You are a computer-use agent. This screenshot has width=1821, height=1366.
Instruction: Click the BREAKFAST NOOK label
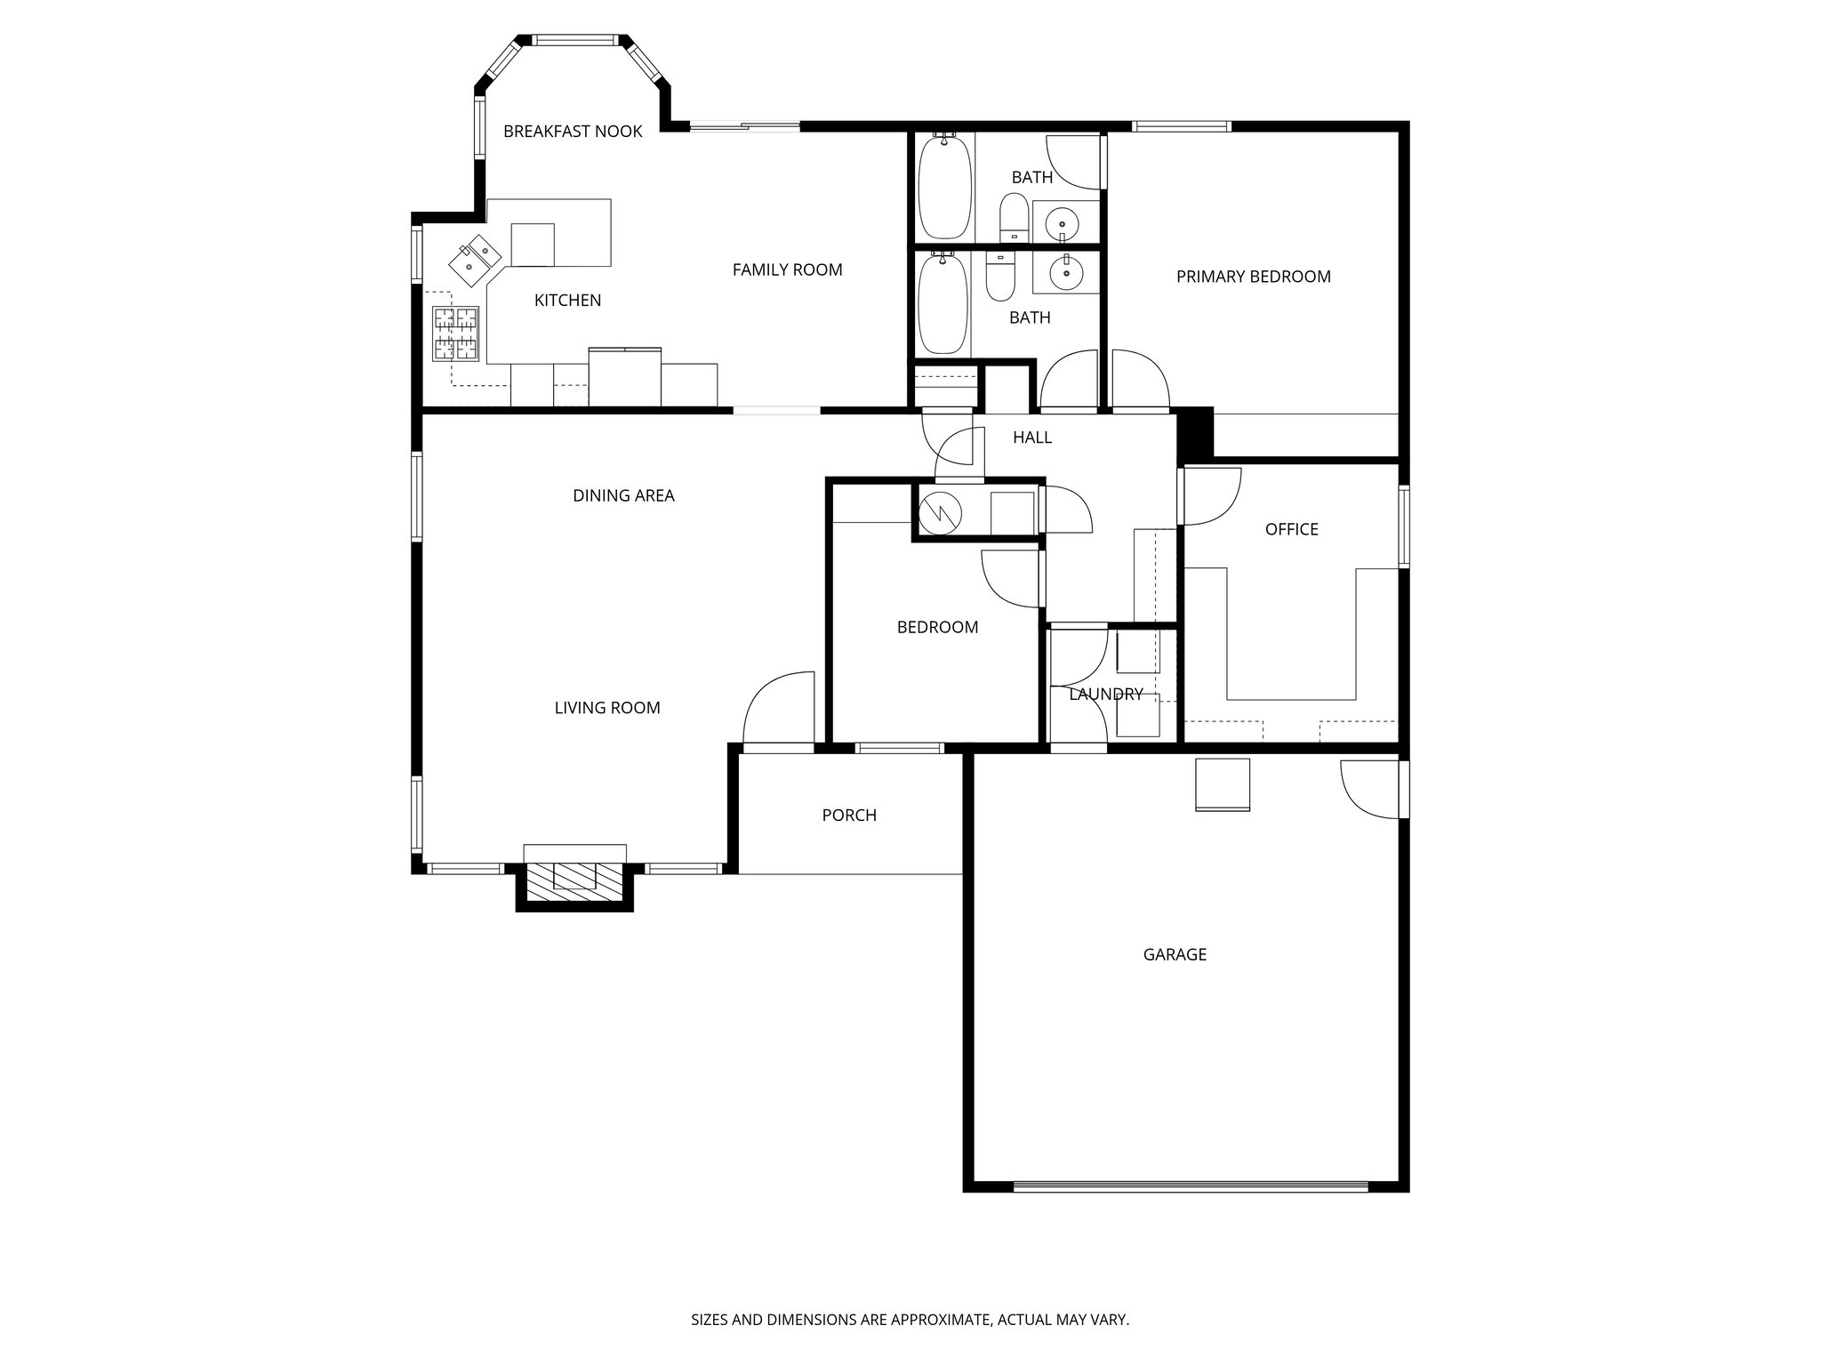573,132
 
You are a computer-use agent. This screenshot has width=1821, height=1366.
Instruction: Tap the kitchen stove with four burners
456,333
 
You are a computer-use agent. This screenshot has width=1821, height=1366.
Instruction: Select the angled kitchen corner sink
474,257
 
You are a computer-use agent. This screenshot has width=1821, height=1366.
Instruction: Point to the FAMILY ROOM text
787,269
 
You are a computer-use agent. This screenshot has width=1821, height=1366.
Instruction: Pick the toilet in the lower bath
1001,278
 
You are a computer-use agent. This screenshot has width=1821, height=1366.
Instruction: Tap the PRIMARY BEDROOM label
1253,277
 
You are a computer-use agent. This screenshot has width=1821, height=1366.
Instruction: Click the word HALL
1032,438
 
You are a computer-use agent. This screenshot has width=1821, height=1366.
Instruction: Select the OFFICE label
1291,529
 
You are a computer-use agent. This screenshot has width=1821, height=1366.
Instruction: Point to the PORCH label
849,816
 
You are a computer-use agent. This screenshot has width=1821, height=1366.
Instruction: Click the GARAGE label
1175,954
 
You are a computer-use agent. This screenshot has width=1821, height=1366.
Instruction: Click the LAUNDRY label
1105,695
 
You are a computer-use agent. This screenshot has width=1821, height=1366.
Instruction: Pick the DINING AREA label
623,495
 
